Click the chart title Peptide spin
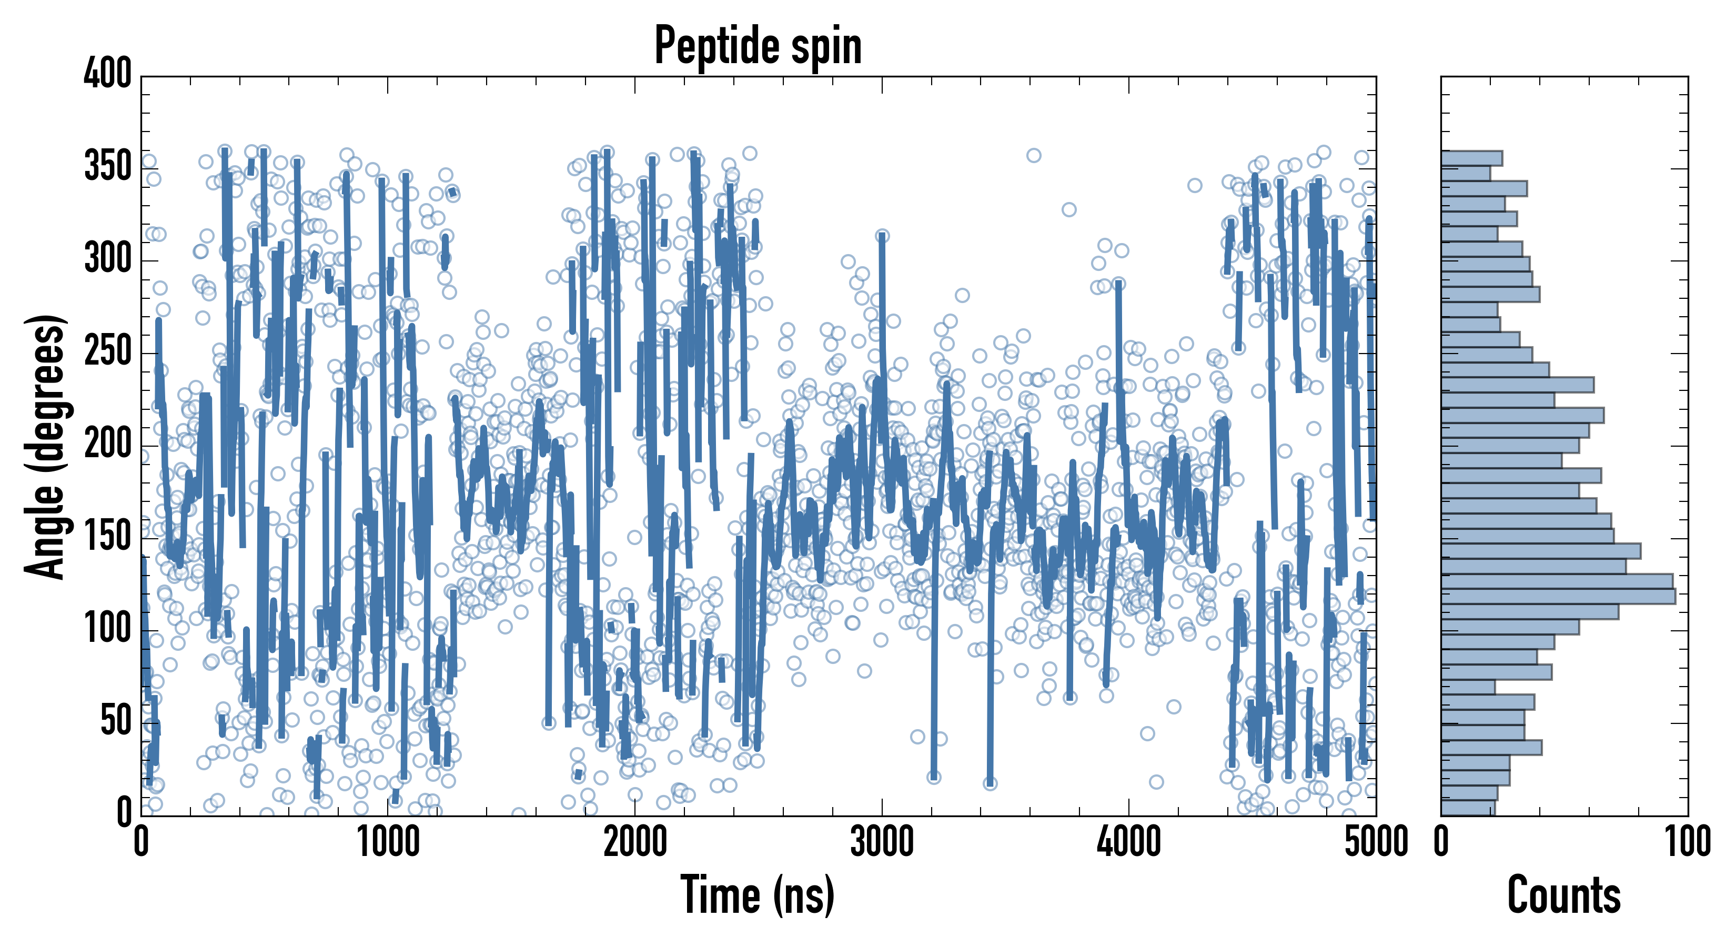[x=758, y=46]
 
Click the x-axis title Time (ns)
[x=758, y=894]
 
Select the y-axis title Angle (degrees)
[x=46, y=446]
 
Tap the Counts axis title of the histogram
[x=1563, y=894]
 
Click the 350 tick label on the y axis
[x=108, y=166]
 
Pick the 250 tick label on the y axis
[x=108, y=351]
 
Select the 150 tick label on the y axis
[x=108, y=537]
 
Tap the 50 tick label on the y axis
[x=116, y=721]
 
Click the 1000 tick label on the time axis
[x=388, y=842]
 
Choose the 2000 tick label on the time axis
[x=635, y=842]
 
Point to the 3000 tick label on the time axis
[x=882, y=842]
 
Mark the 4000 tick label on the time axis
[x=1129, y=842]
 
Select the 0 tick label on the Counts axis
[x=1441, y=842]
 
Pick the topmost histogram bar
[x=1472, y=158]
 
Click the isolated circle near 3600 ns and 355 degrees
[x=1034, y=156]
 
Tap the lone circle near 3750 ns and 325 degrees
[x=1069, y=209]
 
